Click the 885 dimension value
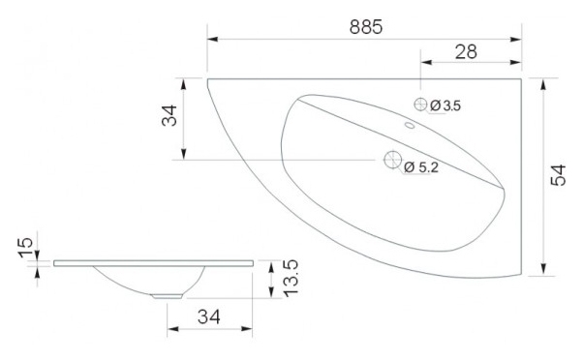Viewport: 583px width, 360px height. click(366, 27)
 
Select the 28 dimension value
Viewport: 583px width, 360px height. click(466, 51)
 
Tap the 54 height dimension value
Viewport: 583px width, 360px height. click(558, 175)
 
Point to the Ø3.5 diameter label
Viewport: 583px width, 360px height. click(445, 105)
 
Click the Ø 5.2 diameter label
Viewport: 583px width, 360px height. click(421, 167)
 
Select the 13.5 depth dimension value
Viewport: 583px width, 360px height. click(291, 278)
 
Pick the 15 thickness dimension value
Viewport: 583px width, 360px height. click(25, 248)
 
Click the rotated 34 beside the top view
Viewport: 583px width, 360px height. click(169, 115)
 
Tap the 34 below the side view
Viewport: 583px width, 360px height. click(209, 316)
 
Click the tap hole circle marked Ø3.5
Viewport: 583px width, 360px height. click(420, 105)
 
